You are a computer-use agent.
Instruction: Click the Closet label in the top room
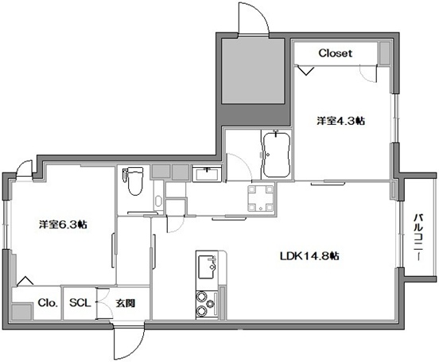(336, 53)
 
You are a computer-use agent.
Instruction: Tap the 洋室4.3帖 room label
(341, 121)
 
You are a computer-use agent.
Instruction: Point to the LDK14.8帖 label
(310, 256)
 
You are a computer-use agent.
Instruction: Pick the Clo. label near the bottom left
(45, 302)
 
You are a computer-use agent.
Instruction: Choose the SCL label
(79, 302)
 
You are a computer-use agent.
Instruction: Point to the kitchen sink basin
(208, 265)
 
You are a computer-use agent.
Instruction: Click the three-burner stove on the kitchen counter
(205, 303)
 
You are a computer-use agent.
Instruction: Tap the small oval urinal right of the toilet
(158, 201)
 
